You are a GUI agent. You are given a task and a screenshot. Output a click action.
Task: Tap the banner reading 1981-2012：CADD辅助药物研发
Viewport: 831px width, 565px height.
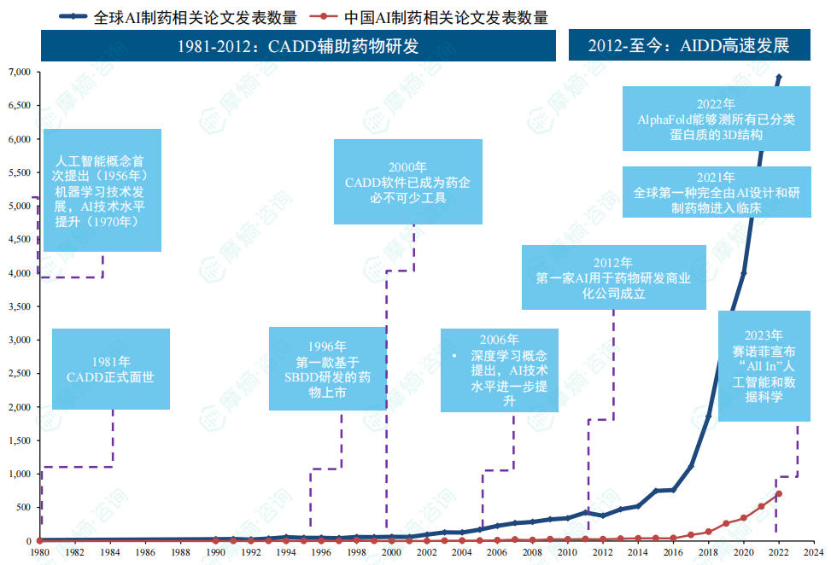[299, 46]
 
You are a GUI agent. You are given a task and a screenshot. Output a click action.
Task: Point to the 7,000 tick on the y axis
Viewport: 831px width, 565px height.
[18, 73]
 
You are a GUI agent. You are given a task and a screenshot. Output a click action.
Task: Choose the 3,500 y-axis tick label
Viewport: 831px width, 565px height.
[18, 306]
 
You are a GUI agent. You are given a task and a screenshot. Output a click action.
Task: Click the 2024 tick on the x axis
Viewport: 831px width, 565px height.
[813, 553]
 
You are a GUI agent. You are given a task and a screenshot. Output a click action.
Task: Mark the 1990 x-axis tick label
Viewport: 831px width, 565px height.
[215, 553]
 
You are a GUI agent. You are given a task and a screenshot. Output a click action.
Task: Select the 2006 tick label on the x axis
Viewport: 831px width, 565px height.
[497, 553]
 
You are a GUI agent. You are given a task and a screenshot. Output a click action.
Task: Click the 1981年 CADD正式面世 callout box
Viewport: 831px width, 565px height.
[111, 369]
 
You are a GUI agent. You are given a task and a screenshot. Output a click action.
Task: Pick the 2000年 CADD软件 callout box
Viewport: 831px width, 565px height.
[407, 182]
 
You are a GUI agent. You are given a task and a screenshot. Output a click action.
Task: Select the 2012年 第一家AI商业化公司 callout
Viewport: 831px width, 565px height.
[613, 277]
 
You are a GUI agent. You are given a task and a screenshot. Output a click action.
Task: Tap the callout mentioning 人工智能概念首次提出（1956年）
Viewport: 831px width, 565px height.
[102, 190]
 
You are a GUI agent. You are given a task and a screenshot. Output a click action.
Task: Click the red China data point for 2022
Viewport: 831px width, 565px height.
[778, 494]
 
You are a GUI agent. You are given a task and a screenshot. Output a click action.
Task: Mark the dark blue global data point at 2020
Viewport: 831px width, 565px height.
[743, 273]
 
